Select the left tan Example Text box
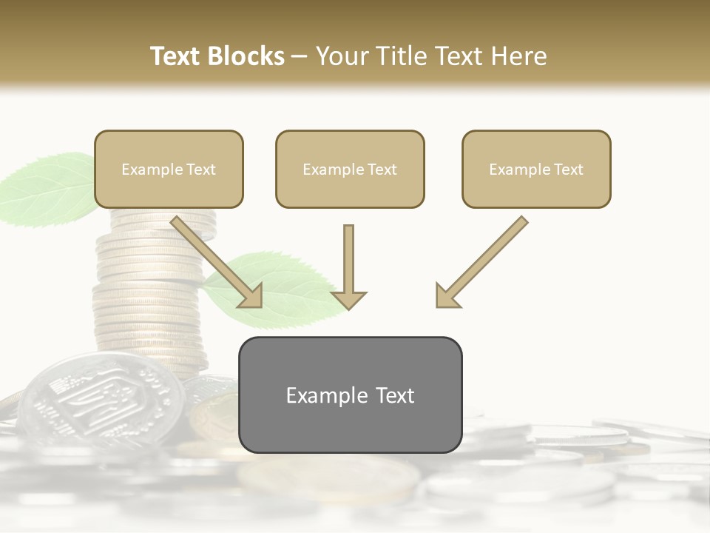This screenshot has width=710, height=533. [x=169, y=169]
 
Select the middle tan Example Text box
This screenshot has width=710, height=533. [x=350, y=169]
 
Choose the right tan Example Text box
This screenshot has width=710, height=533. [x=536, y=169]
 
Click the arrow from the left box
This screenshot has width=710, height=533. [x=218, y=263]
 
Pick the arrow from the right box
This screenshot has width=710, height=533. [x=481, y=263]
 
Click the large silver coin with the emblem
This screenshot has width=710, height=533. [x=100, y=400]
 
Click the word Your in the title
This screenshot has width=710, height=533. [x=341, y=56]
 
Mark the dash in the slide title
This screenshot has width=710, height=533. [x=300, y=56]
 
